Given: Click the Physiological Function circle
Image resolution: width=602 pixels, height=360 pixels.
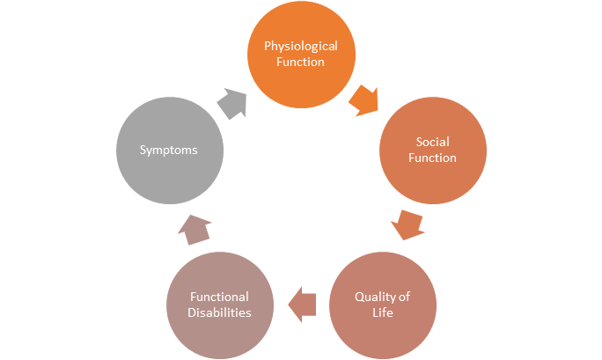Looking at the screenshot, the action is (x=301, y=54).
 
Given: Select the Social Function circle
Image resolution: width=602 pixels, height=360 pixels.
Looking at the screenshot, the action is (x=433, y=151).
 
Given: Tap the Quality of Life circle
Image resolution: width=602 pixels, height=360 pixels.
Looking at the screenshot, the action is (x=383, y=305).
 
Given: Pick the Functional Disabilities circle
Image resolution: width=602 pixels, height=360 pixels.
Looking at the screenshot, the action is (x=220, y=305).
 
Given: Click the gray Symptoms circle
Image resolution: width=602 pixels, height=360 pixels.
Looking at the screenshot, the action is (x=170, y=151).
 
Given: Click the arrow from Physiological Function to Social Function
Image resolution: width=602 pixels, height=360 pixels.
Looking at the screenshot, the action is (x=364, y=100).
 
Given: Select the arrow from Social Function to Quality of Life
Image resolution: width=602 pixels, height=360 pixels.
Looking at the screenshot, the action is (x=407, y=225).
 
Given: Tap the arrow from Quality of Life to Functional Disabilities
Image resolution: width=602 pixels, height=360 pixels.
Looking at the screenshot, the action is (x=302, y=305).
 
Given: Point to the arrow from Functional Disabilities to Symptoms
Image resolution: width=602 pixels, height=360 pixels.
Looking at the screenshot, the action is (x=195, y=230).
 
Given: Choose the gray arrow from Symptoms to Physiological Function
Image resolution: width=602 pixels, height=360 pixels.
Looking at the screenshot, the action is (x=232, y=104).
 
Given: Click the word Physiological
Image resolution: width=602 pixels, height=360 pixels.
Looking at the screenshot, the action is (x=301, y=47).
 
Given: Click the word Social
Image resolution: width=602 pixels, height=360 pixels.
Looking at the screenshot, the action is (x=433, y=142).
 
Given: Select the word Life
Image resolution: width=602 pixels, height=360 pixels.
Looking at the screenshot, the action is (x=383, y=312).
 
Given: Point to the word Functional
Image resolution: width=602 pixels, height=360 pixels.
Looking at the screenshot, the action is (x=220, y=297).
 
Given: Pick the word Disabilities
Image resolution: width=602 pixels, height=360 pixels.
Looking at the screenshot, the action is (x=220, y=312).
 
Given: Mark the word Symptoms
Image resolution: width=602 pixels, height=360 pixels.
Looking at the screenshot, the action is (x=169, y=150).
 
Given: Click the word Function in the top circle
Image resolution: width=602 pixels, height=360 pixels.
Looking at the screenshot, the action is (x=301, y=62).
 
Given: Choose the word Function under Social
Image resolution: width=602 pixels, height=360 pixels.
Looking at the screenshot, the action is (x=432, y=158).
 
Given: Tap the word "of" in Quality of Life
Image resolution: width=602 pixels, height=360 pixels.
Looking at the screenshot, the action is (x=405, y=297).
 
